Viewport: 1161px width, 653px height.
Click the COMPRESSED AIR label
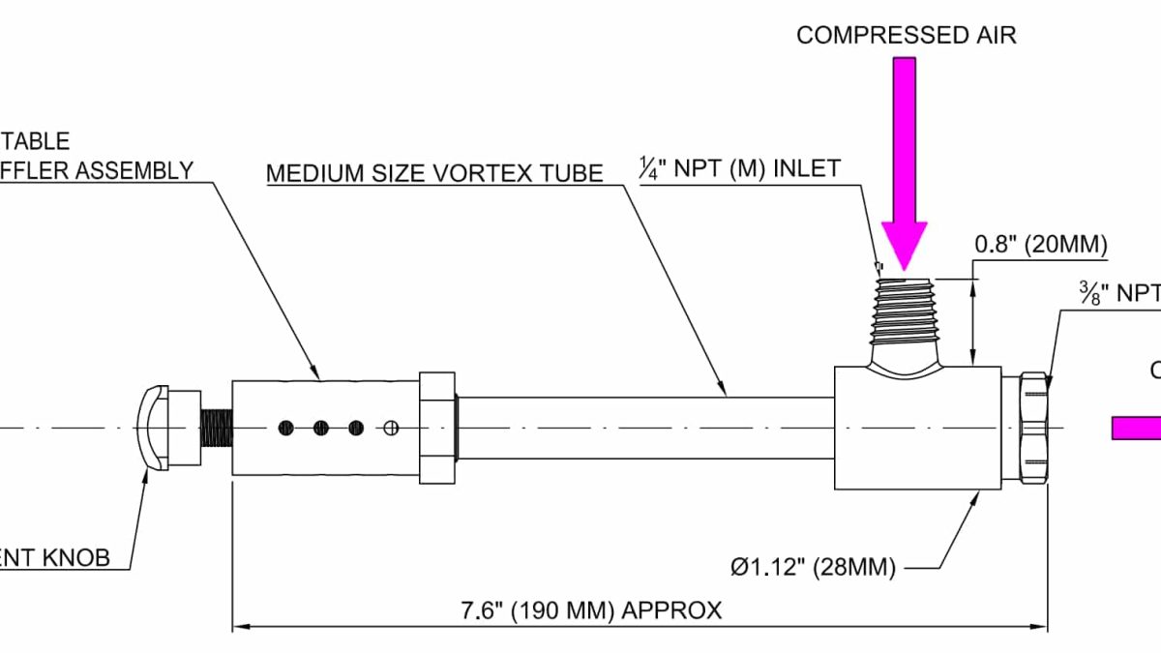tap(906, 36)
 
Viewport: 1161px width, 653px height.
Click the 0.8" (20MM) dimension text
tap(1039, 246)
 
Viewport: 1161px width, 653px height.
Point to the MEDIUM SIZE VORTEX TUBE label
tap(434, 173)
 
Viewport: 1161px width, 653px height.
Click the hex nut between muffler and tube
tap(436, 427)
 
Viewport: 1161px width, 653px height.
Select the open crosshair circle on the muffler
tap(391, 427)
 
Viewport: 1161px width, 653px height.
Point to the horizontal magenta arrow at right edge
tap(1137, 428)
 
